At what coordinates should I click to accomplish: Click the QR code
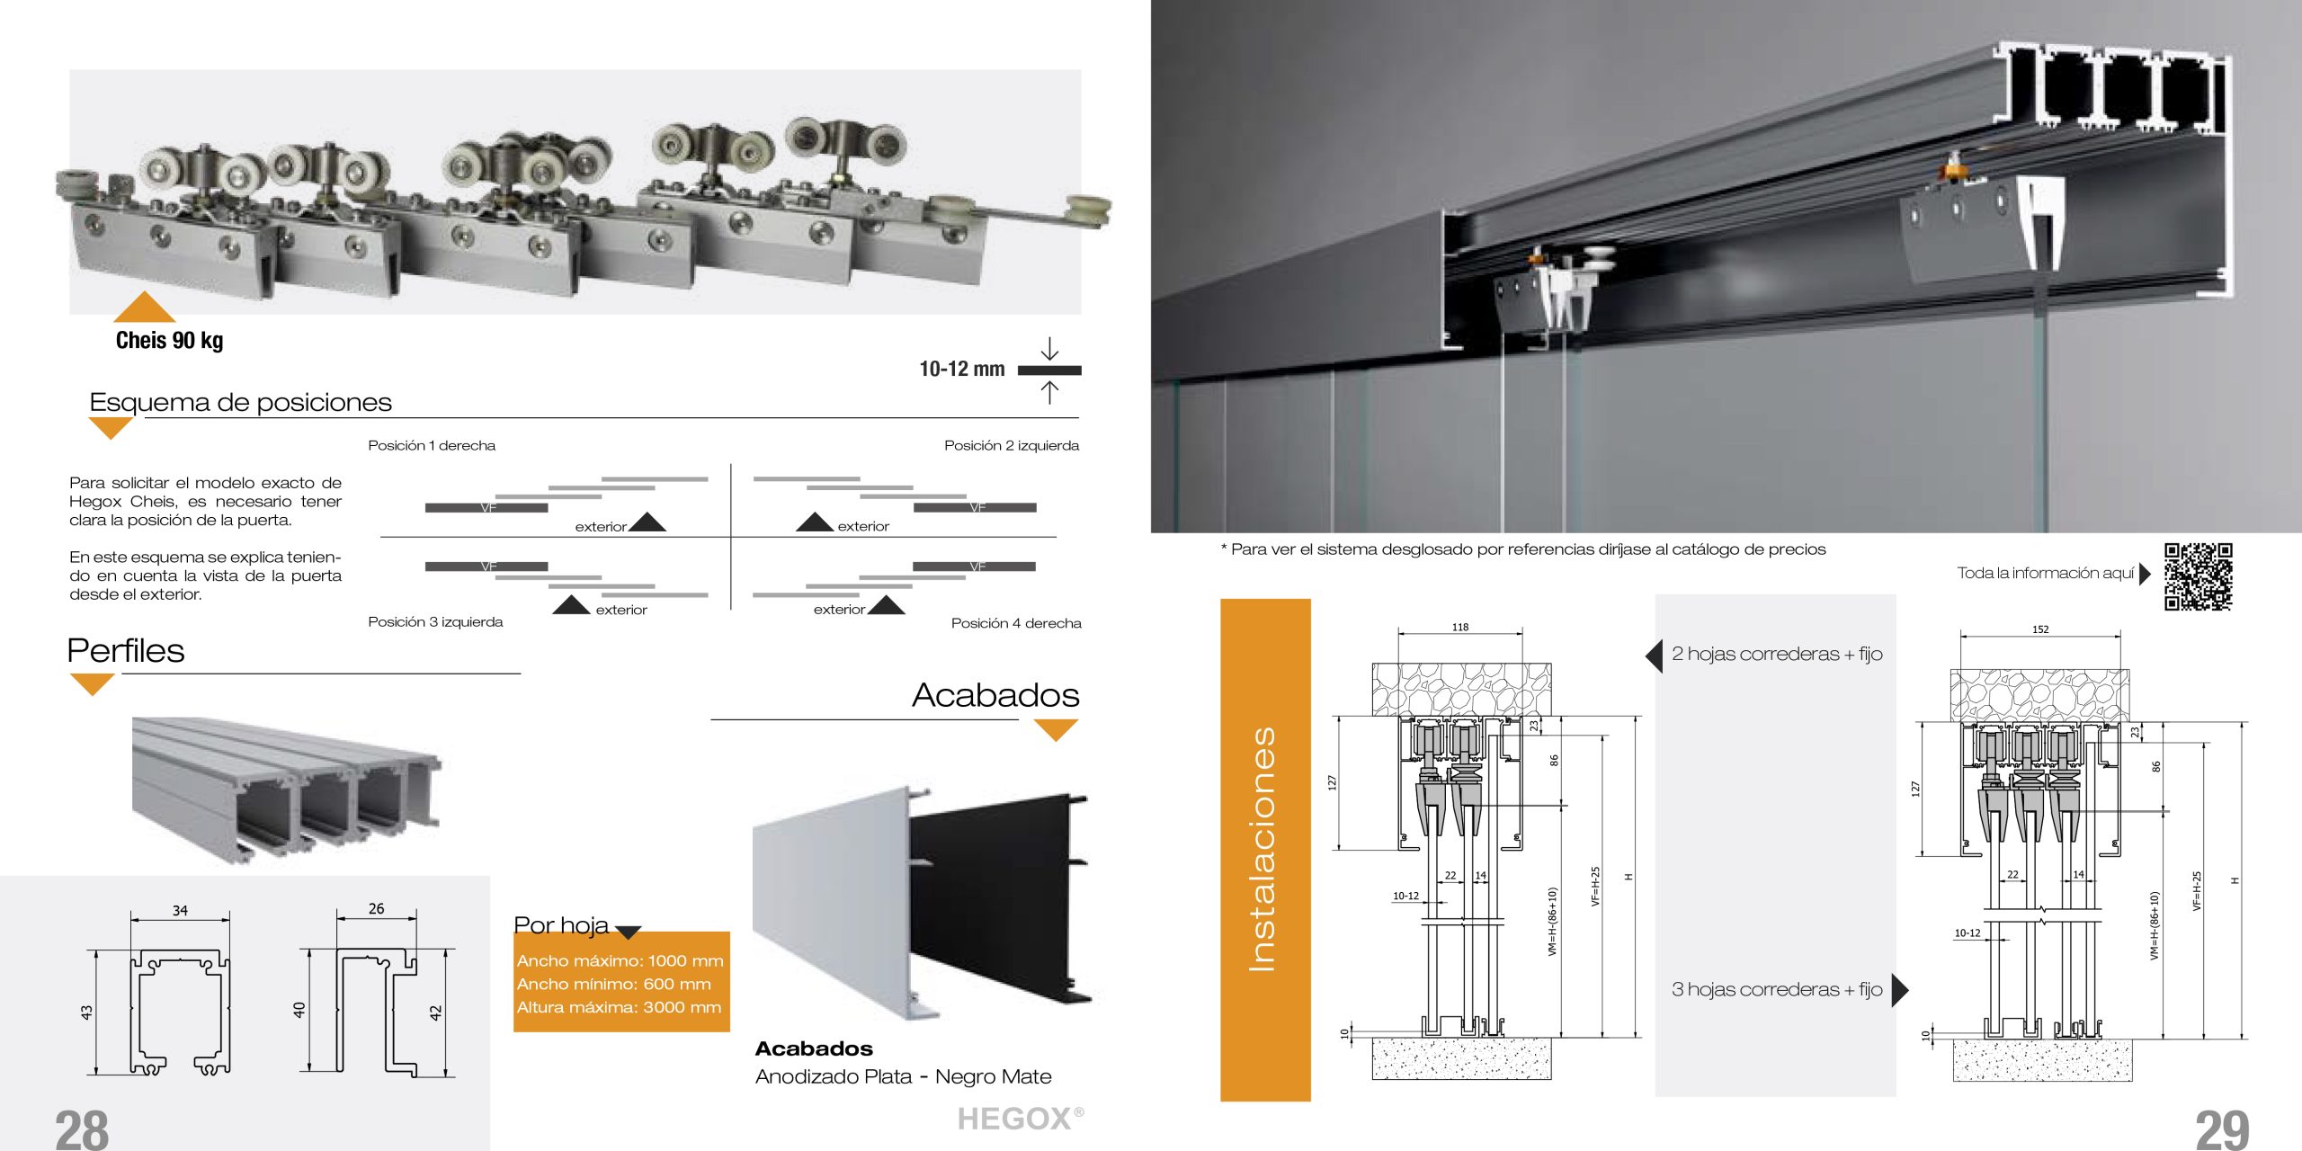pos(2198,576)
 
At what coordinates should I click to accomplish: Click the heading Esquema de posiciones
pos(240,402)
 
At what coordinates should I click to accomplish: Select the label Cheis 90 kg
pos(169,340)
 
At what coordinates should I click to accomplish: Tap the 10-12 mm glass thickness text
pos(961,369)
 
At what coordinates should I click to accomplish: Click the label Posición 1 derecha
pos(432,445)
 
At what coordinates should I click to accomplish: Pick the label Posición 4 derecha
pos(1016,623)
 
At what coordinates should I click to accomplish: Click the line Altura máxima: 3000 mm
pos(619,1007)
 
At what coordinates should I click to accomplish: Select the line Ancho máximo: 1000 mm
pos(620,960)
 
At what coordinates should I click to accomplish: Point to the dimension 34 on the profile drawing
pos(180,911)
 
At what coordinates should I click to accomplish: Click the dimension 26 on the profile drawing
pos(376,909)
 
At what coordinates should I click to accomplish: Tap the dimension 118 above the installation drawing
pos(1460,628)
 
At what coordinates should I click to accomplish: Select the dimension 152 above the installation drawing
pos(2040,629)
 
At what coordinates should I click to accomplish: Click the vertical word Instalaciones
pos(1263,849)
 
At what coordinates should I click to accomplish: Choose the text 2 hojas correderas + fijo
pos(1777,654)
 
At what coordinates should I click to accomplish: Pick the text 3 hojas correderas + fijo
pos(1777,989)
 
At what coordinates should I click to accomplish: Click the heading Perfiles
pos(126,650)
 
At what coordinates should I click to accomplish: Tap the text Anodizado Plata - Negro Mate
pos(903,1076)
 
